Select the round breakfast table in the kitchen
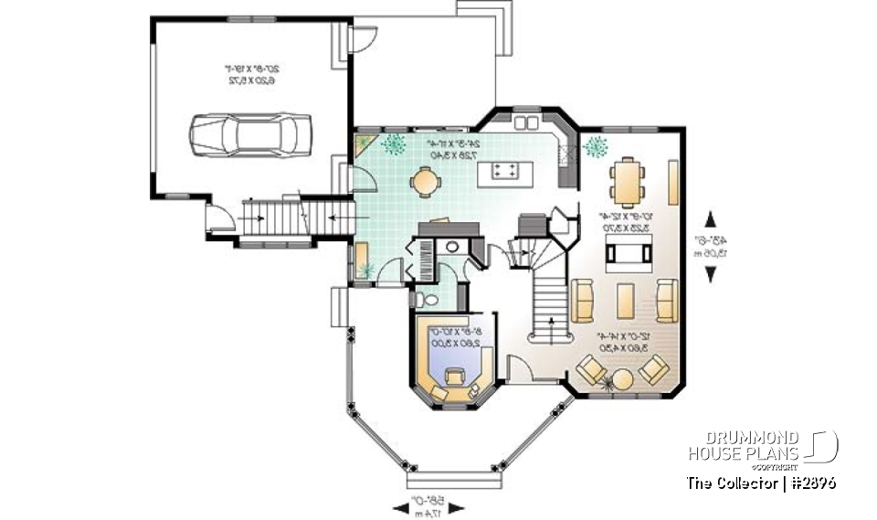pos(425,182)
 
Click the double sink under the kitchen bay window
pos(527,122)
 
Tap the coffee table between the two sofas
pos(625,300)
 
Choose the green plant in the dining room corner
pos(597,145)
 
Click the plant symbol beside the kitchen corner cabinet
pos(395,143)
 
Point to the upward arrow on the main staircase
pos(551,320)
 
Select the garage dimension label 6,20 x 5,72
pos(250,80)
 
